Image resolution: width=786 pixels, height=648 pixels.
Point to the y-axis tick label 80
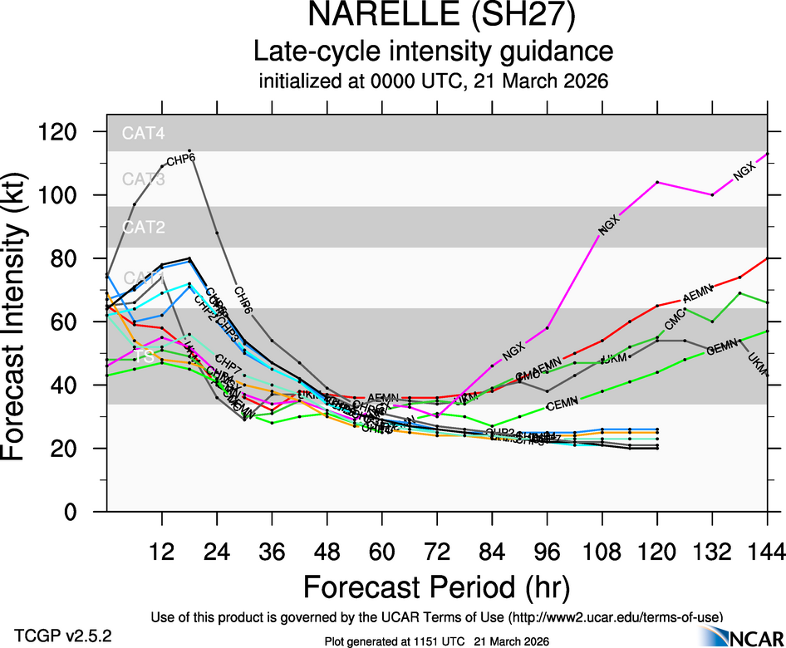pyautogui.click(x=67, y=258)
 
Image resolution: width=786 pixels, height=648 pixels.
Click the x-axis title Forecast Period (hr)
pyautogui.click(x=436, y=587)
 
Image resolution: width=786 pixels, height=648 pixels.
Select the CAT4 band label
pyautogui.click(x=143, y=133)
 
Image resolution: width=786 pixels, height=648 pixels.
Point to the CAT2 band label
pyautogui.click(x=143, y=227)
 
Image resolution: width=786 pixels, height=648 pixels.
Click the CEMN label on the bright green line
pyautogui.click(x=562, y=405)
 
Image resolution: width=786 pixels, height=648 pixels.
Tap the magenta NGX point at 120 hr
pyautogui.click(x=657, y=182)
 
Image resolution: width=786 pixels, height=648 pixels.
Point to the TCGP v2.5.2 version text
pyautogui.click(x=63, y=635)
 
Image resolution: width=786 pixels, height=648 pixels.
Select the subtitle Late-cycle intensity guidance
pyautogui.click(x=433, y=52)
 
